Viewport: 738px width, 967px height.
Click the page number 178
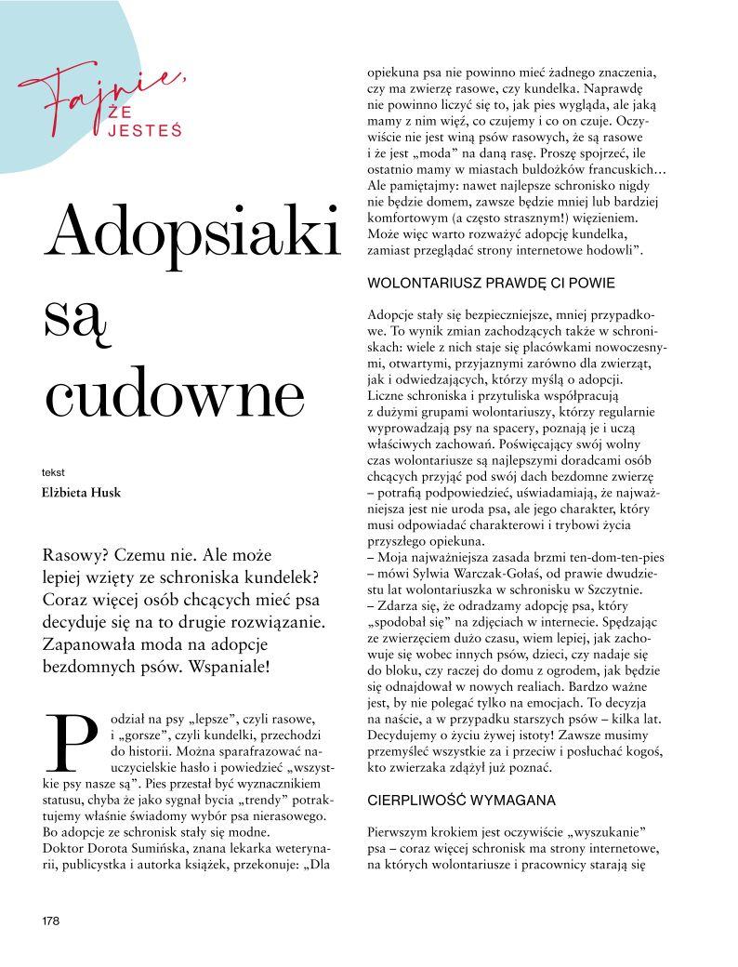coord(49,921)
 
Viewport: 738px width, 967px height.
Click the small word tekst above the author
coord(53,472)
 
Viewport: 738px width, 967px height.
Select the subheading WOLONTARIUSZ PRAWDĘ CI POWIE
coord(492,282)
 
